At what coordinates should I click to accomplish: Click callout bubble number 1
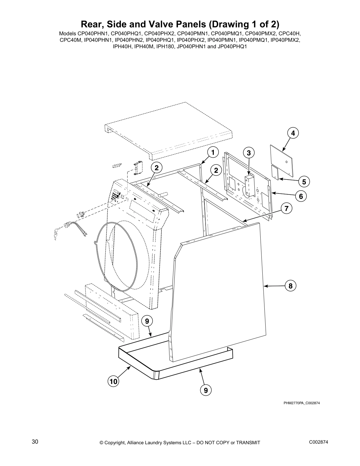point(213,152)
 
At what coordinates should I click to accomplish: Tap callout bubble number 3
point(249,153)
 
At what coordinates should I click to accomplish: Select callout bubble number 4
point(293,133)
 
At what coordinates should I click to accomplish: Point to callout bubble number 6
point(301,196)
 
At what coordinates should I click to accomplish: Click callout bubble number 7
point(286,209)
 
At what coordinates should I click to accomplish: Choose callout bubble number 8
point(290,286)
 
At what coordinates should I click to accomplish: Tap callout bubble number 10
point(114,382)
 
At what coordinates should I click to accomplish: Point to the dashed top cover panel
point(168,127)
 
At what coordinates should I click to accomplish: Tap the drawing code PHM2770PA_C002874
point(301,403)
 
